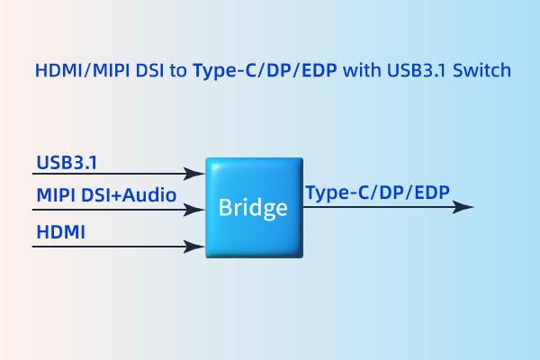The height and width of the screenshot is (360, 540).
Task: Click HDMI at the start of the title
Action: (55, 70)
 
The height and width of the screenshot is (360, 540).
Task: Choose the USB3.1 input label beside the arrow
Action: (67, 163)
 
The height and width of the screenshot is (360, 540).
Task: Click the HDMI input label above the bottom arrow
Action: (60, 233)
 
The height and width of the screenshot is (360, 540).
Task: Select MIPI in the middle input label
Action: (55, 195)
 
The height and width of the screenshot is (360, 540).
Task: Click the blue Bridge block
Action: (253, 208)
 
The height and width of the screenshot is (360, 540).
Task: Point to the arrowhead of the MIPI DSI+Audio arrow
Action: (195, 210)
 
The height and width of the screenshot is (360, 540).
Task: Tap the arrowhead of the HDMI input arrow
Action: (195, 245)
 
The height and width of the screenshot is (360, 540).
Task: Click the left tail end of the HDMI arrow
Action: (34, 245)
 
